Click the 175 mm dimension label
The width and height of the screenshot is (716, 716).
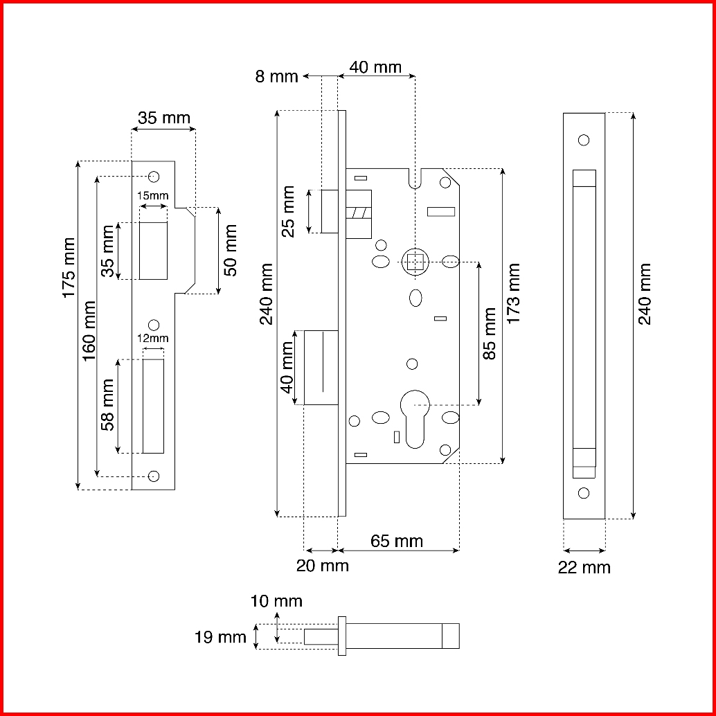point(69,267)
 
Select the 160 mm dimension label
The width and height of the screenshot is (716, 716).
point(89,330)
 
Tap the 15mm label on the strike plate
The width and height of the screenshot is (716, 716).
point(153,196)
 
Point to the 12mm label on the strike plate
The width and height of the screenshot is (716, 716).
point(153,339)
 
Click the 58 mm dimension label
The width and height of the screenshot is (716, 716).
point(108,404)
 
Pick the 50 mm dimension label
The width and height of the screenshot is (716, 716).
point(231,250)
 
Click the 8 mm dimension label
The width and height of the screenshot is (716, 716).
point(276,77)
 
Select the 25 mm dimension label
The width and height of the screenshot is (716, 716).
point(288,211)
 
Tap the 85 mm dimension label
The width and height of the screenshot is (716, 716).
point(490,334)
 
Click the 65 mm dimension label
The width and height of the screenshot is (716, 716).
point(397,541)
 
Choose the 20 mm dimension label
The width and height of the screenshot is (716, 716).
point(323,566)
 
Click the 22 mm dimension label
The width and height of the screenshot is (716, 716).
point(584,568)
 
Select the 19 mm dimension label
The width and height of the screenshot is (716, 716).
point(221,637)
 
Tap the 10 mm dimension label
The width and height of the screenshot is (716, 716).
point(276,601)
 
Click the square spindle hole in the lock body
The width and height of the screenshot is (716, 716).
point(415,262)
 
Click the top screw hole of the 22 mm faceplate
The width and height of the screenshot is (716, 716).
point(584,140)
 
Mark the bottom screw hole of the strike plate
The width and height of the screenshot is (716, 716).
point(154,476)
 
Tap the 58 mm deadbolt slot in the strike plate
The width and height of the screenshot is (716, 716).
point(153,406)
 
